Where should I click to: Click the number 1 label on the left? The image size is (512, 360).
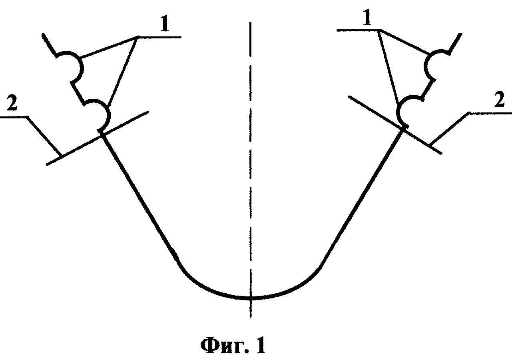165,24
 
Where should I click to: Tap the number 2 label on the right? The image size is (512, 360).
500,99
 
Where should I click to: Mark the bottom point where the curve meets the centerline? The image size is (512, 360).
251,298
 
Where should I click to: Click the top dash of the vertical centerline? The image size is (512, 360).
251,39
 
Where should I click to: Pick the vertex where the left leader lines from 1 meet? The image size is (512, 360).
138,37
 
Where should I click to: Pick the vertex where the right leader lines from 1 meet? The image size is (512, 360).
379,30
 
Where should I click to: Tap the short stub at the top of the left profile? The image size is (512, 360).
49,45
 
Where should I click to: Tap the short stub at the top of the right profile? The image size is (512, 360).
456,44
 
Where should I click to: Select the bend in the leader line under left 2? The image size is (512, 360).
27,117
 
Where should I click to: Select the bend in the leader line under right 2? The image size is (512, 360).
469,113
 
